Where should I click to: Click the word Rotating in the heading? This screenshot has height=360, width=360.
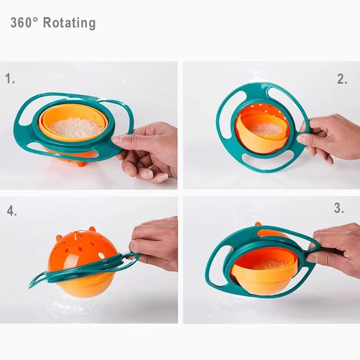pyautogui.click(x=69, y=23)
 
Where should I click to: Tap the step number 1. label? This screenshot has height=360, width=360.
pyautogui.click(x=10, y=79)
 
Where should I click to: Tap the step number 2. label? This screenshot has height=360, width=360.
pyautogui.click(x=342, y=80)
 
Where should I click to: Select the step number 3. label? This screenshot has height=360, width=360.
pyautogui.click(x=339, y=208)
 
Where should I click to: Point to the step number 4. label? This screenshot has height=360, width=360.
pyautogui.click(x=12, y=211)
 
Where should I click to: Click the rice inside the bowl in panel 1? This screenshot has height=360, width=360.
pyautogui.click(x=75, y=127)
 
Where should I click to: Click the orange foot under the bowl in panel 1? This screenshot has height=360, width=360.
pyautogui.click(x=81, y=163)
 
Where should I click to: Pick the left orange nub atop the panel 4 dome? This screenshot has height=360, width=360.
pyautogui.click(x=59, y=237)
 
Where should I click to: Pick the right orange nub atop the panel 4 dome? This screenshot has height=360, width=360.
pyautogui.click(x=93, y=230)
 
